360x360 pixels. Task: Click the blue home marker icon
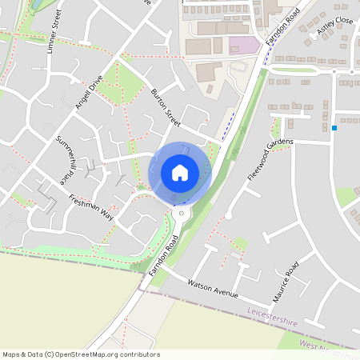(180, 173)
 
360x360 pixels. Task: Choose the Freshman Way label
(91, 207)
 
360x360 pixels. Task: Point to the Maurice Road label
(286, 281)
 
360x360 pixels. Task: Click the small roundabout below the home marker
(182, 214)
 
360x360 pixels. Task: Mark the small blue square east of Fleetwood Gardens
(334, 128)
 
